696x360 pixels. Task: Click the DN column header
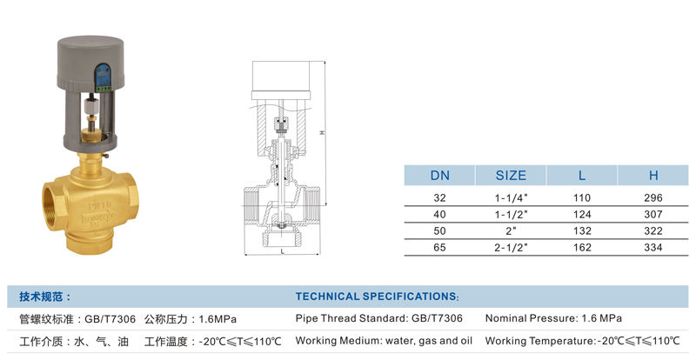pyautogui.click(x=439, y=176)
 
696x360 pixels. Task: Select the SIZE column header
pyautogui.click(x=511, y=176)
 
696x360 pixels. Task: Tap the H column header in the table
pyautogui.click(x=653, y=176)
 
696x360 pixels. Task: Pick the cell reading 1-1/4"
pyautogui.click(x=511, y=198)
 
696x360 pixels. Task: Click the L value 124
pyautogui.click(x=582, y=215)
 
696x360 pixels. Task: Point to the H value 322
pyautogui.click(x=653, y=230)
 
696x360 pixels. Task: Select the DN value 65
pyautogui.click(x=439, y=247)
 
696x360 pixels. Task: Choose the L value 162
pyautogui.click(x=582, y=247)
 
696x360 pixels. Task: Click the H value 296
pyautogui.click(x=653, y=198)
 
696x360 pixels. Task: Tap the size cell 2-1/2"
pyautogui.click(x=511, y=247)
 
